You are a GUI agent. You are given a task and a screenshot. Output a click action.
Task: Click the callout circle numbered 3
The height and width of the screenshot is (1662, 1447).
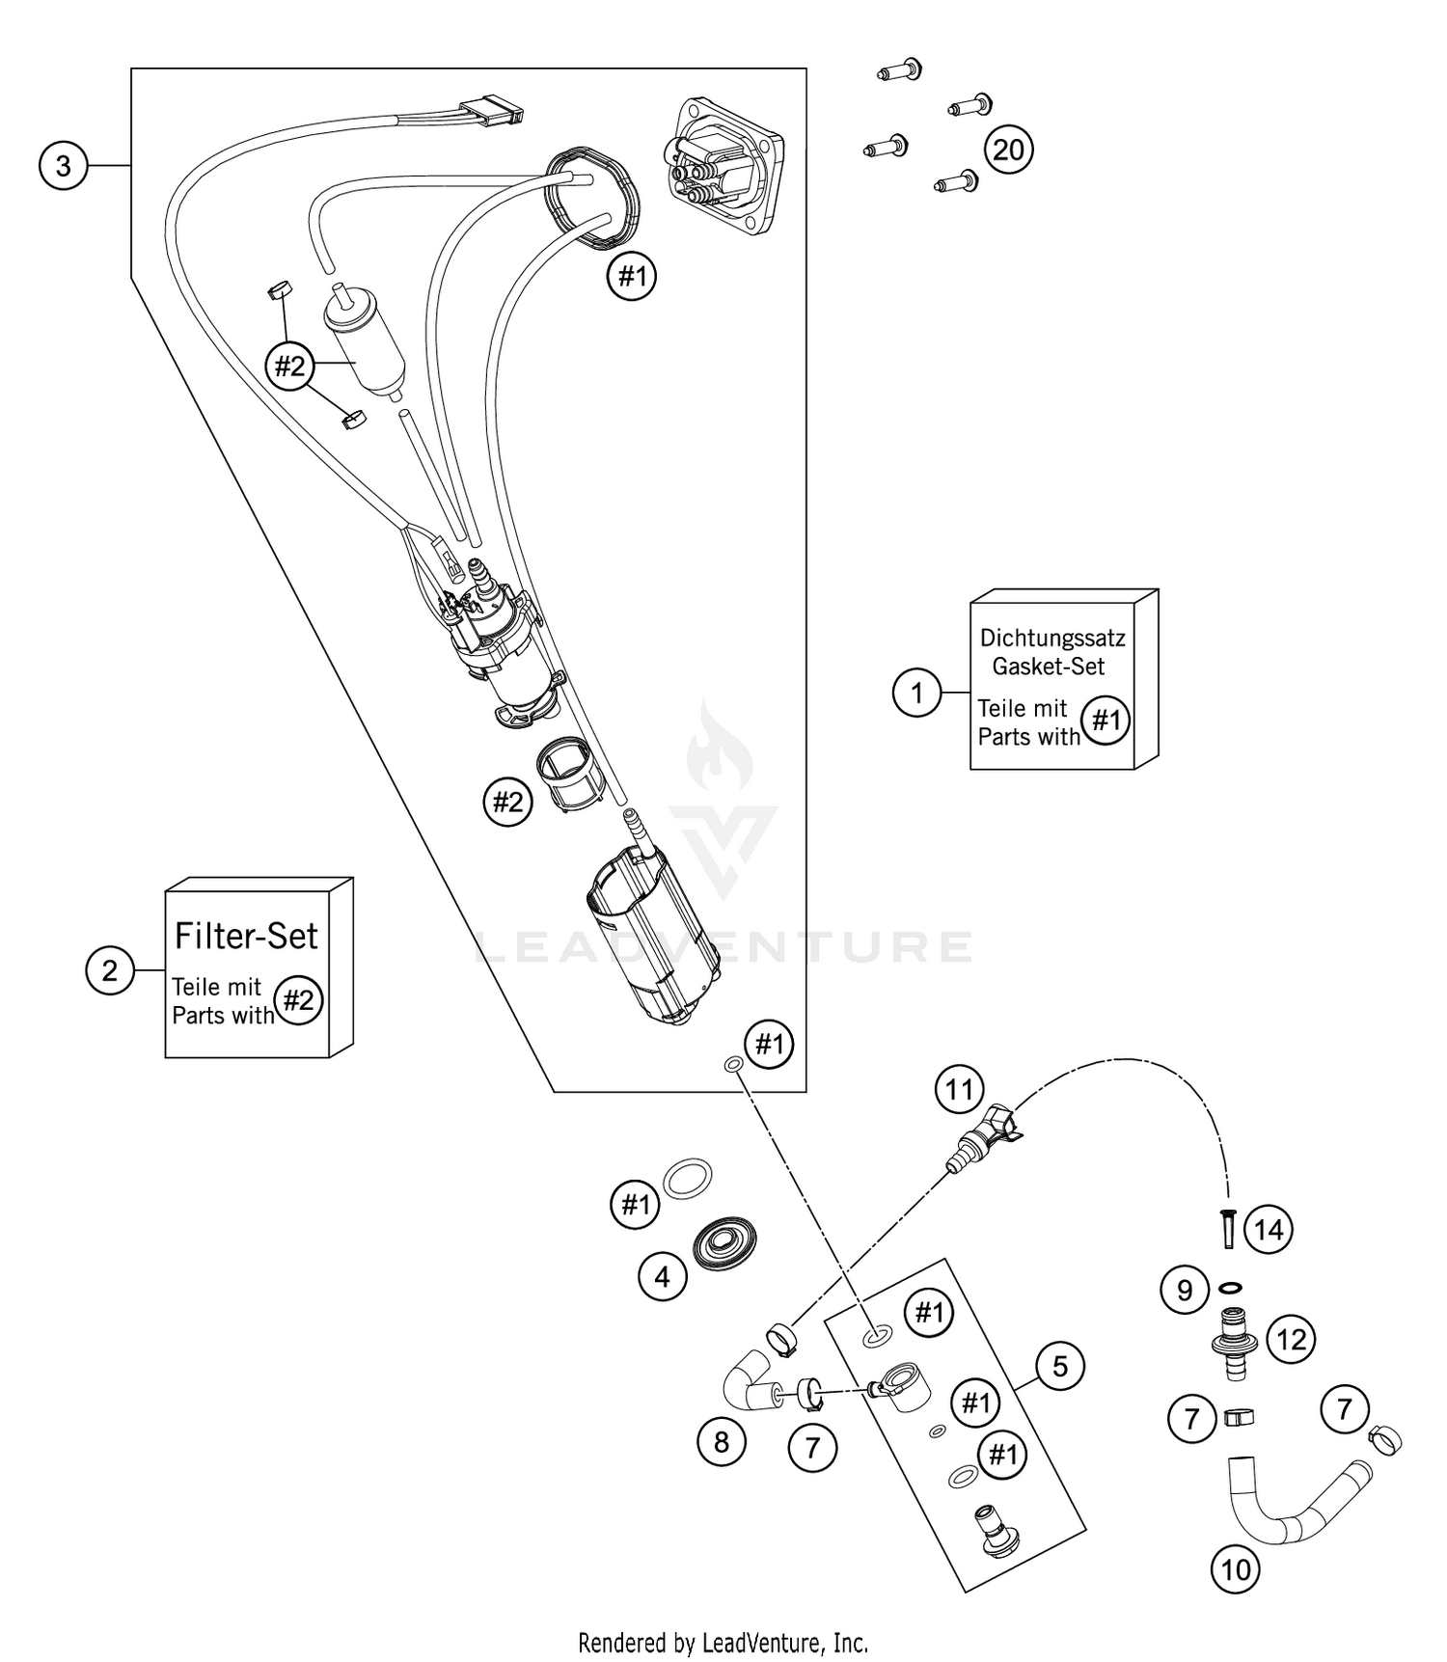[63, 166]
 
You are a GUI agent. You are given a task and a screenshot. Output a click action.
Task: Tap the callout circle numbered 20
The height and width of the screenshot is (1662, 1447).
[1008, 150]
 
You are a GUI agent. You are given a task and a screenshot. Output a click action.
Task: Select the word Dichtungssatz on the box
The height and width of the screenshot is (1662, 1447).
[1052, 638]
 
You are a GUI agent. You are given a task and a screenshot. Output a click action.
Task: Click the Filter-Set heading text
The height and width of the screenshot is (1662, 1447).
[246, 935]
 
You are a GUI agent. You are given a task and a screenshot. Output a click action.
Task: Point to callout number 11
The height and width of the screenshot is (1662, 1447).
[959, 1090]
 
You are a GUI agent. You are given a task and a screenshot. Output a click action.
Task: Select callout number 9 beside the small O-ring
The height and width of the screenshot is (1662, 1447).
[1186, 1291]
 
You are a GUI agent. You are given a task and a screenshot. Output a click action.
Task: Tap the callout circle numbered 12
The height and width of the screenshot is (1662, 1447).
[1291, 1339]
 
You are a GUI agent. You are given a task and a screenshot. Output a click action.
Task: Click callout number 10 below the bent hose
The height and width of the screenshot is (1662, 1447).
[1236, 1570]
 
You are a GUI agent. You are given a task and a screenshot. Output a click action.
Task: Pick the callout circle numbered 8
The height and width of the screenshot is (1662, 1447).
[722, 1442]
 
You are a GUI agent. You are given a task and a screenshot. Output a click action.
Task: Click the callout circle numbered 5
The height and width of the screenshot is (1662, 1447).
[1060, 1366]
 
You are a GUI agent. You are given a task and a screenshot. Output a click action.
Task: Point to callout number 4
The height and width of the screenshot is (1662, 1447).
[662, 1277]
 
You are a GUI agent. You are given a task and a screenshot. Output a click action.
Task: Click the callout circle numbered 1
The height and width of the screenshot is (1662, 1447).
[916, 693]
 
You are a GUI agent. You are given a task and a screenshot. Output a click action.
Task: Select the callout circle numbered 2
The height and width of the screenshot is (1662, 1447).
[110, 970]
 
